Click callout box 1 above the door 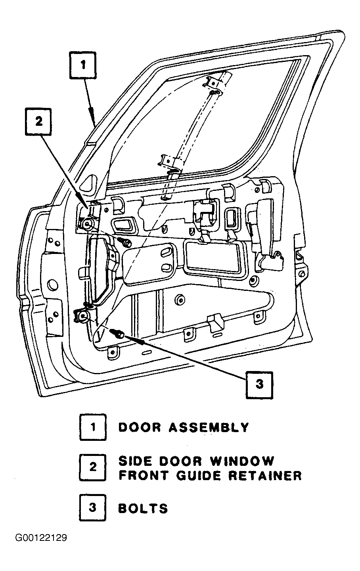coord(83,65)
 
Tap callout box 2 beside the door coord(38,121)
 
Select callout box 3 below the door coord(259,385)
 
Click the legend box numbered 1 coord(93,427)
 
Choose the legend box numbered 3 coord(93,507)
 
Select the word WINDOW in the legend coord(241,461)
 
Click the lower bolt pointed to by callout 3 coord(117,333)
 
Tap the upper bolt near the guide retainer coord(124,241)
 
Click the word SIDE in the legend coord(135,461)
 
